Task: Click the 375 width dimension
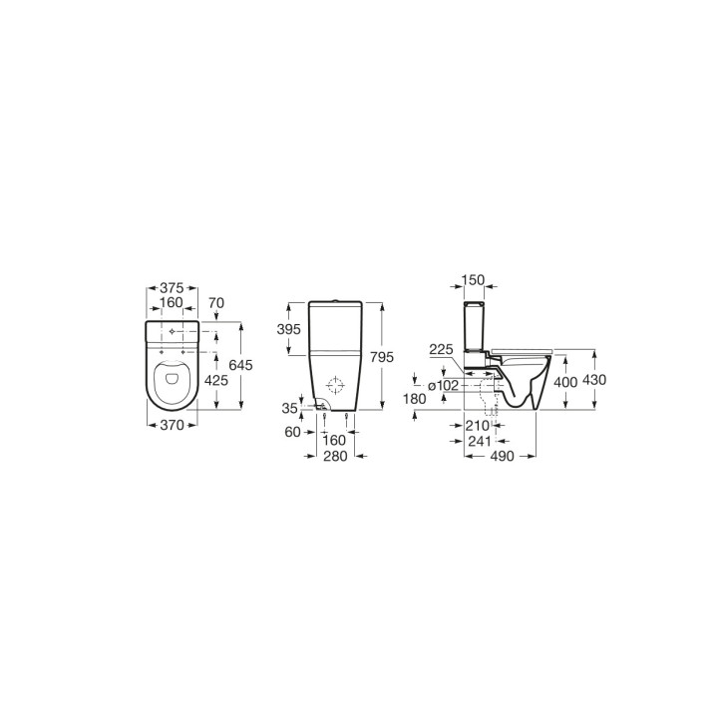tap(172, 288)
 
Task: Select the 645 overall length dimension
tap(241, 365)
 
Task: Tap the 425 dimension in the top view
tap(215, 380)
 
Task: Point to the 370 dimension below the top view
tap(173, 426)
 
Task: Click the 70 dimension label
tap(216, 303)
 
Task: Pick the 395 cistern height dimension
tap(289, 329)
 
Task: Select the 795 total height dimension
tap(382, 357)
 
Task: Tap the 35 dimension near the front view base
tap(289, 408)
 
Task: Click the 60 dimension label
tap(292, 432)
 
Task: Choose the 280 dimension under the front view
tap(336, 456)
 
